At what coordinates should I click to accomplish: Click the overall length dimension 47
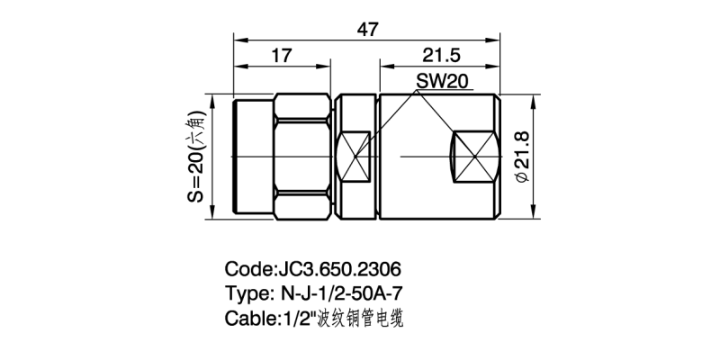point(367,29)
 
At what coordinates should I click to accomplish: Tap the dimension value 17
point(281,56)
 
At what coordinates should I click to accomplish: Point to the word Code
point(246,269)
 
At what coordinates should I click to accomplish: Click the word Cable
point(248,318)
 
